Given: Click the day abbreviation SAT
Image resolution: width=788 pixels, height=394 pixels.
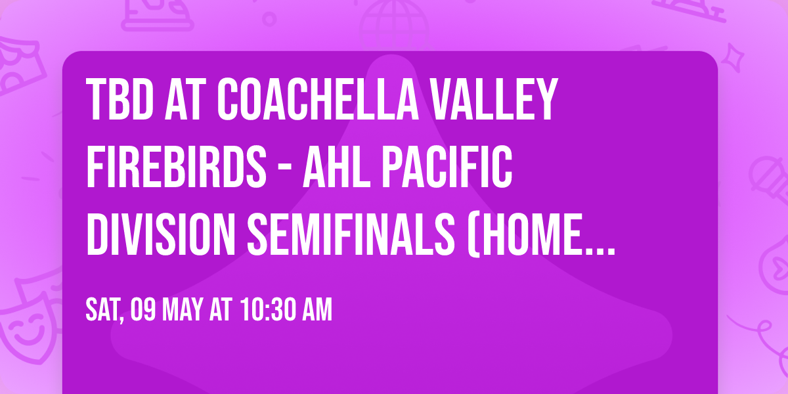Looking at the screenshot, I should coord(104,310).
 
